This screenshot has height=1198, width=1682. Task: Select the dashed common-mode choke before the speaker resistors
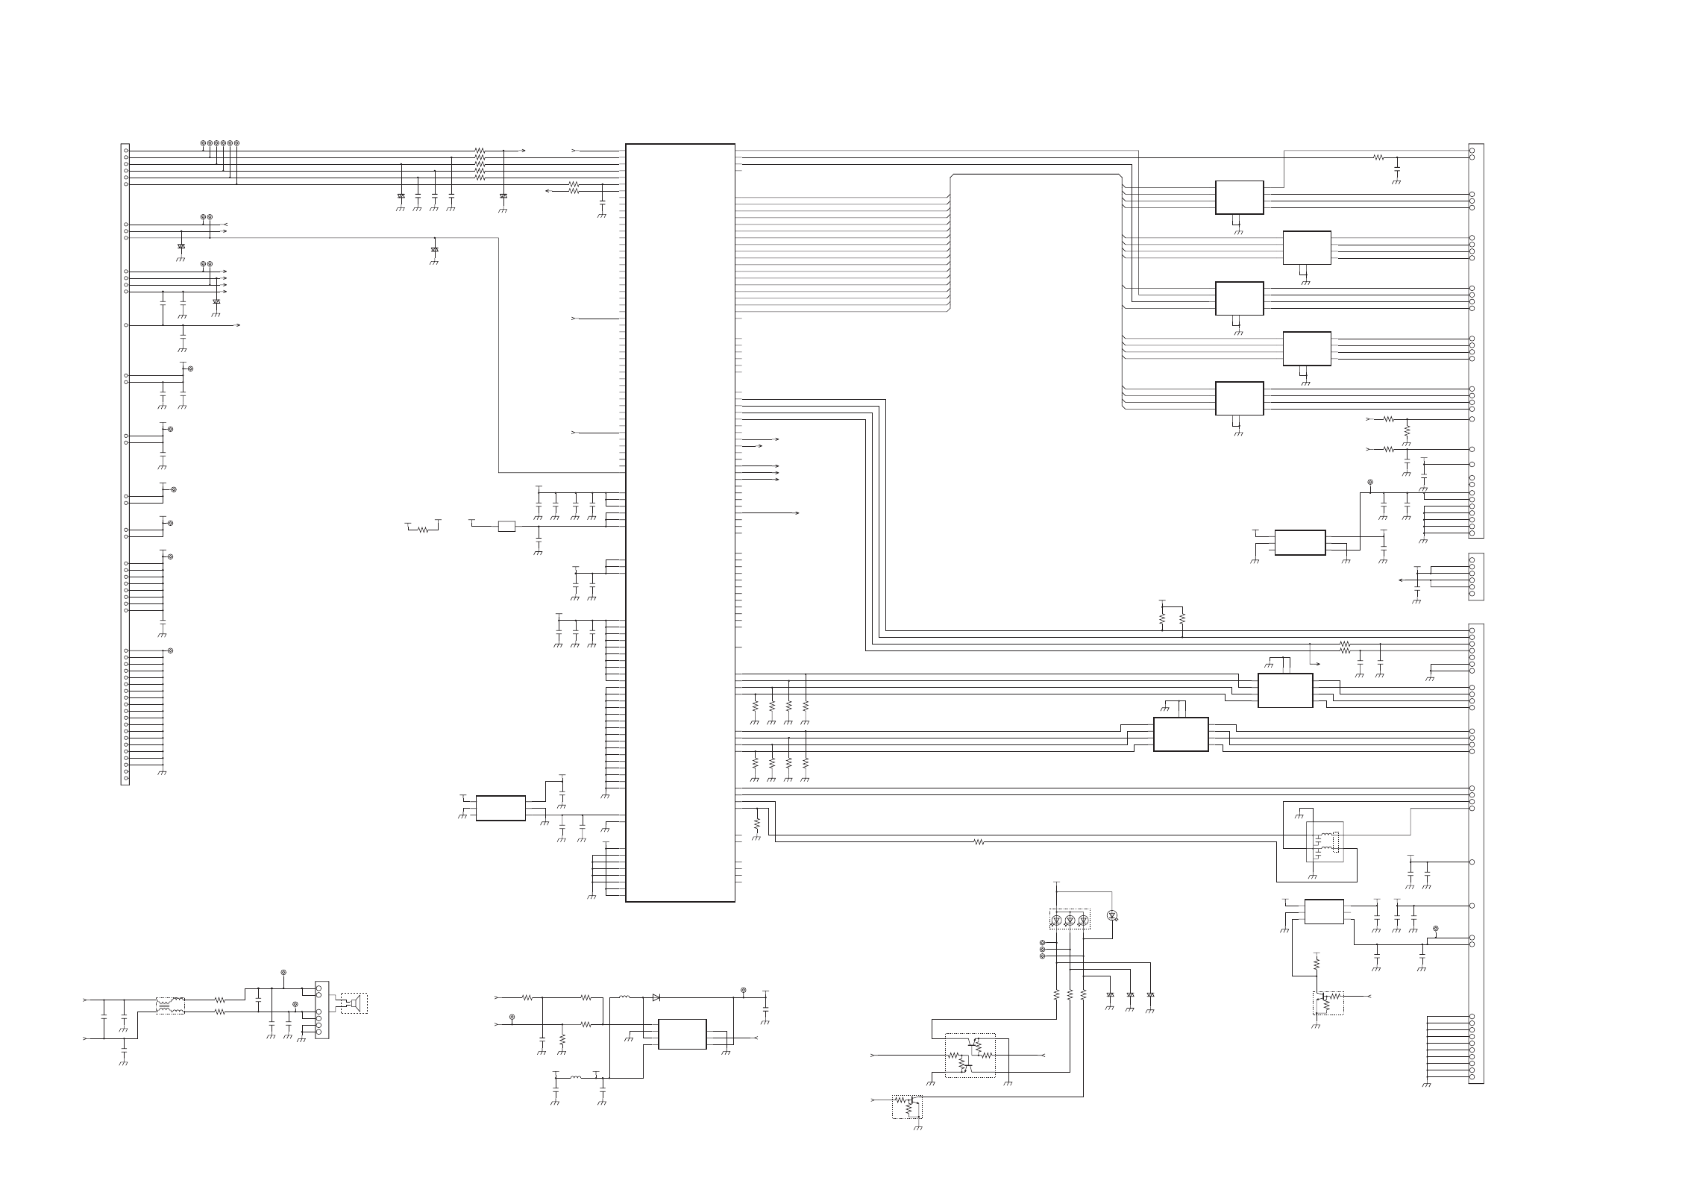(x=170, y=1006)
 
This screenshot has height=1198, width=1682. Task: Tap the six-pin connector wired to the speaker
(x=321, y=1010)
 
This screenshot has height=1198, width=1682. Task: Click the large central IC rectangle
(x=680, y=522)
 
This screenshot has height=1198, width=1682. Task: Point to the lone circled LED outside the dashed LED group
(x=1112, y=915)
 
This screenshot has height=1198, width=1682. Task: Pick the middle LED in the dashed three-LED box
(x=1070, y=920)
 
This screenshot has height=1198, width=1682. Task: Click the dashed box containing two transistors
(x=970, y=1055)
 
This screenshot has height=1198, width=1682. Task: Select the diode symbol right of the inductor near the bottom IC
(x=656, y=997)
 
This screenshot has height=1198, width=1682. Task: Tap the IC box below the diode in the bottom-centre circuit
(x=682, y=1034)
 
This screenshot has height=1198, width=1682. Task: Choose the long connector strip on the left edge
(x=125, y=464)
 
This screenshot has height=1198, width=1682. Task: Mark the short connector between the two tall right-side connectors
(x=1475, y=576)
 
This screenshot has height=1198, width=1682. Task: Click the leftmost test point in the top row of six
(x=203, y=142)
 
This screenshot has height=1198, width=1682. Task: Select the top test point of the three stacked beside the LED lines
(x=1042, y=943)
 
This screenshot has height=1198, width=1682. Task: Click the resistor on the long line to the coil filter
(x=979, y=841)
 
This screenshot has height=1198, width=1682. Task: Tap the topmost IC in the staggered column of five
(x=1239, y=197)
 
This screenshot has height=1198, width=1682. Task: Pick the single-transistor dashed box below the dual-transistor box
(x=907, y=1106)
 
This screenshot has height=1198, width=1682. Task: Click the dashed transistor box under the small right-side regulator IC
(x=1328, y=1003)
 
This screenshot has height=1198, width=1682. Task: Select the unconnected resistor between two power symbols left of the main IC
(x=423, y=530)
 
